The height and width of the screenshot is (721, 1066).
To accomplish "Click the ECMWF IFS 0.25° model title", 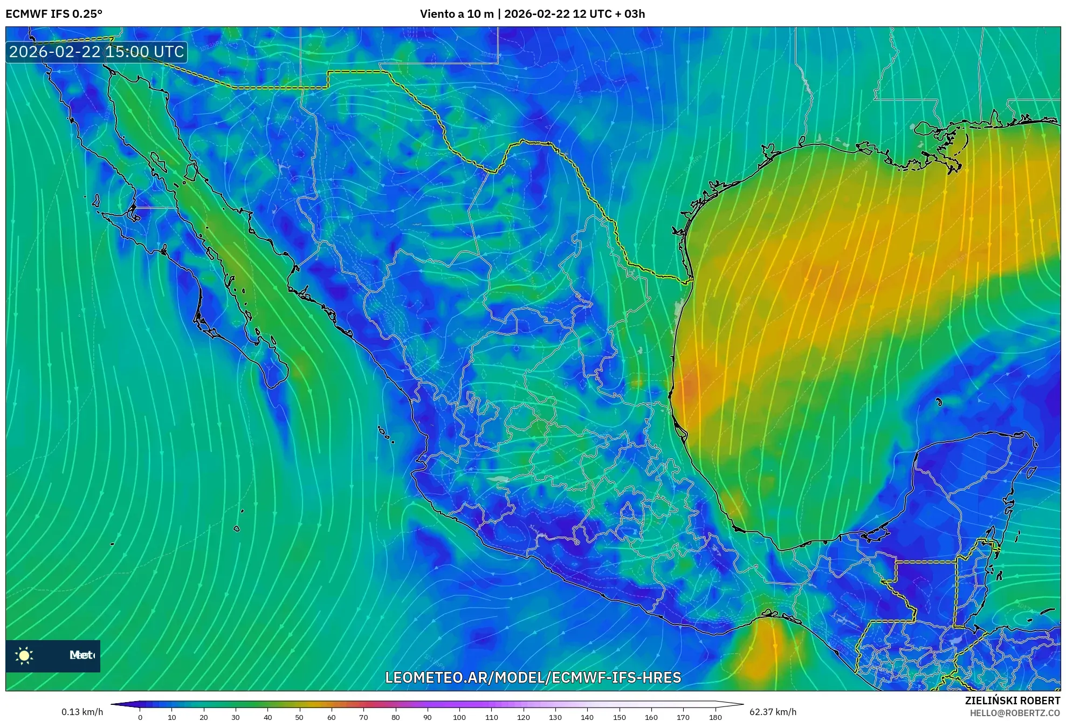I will click(x=54, y=14).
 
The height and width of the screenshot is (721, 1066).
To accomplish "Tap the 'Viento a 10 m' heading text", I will click(x=456, y=14).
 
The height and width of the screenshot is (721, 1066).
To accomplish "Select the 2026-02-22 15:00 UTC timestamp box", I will click(x=97, y=52).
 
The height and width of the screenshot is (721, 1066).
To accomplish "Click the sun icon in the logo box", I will click(x=24, y=655).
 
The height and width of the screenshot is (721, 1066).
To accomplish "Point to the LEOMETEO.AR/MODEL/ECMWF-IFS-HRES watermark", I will click(x=533, y=677).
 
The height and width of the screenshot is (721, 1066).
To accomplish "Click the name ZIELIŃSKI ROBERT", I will click(x=1012, y=701).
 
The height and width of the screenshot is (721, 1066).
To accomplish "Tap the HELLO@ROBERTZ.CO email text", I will click(x=1015, y=713).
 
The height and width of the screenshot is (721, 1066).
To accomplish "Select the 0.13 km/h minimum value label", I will click(x=82, y=712).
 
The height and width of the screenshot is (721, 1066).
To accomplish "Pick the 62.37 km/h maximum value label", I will click(x=773, y=712).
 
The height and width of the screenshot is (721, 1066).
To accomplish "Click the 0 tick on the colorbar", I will click(x=140, y=717).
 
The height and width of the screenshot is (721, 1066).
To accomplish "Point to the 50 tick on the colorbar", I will click(x=299, y=717).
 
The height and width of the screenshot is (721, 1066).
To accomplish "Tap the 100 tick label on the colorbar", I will click(x=459, y=717).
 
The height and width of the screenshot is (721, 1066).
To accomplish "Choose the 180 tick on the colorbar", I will click(x=715, y=717).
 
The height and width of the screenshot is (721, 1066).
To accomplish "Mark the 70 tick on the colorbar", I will click(x=363, y=717).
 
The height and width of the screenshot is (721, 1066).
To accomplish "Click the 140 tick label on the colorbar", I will click(x=587, y=717).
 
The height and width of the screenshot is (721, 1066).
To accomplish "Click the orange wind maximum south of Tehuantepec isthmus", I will click(x=766, y=653).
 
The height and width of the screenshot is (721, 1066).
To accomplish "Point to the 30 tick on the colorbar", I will click(x=236, y=717).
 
